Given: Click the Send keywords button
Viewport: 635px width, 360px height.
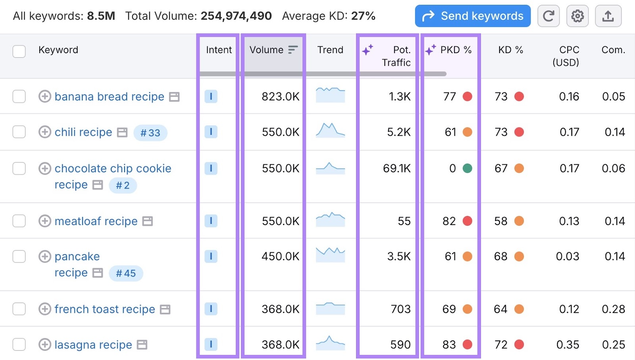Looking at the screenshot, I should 472,16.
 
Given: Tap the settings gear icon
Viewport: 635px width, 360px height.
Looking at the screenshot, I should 577,16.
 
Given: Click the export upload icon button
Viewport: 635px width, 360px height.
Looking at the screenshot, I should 608,16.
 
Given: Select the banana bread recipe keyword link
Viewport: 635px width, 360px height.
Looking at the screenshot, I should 109,97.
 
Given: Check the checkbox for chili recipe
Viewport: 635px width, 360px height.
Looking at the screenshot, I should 19,132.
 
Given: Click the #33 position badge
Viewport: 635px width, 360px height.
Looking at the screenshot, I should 150,133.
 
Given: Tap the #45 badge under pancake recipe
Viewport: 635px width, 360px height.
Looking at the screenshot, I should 125,273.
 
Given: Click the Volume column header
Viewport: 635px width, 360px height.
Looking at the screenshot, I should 266,50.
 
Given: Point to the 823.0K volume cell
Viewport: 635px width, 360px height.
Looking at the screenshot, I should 280,97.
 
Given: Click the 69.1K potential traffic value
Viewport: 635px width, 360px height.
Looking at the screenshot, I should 396,169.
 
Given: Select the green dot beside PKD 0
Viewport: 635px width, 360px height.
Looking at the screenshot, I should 468,169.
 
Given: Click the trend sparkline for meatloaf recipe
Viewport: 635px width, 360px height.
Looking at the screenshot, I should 330,219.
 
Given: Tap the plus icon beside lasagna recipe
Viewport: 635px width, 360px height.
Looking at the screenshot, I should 45,345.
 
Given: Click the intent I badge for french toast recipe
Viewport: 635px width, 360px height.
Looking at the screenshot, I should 211,309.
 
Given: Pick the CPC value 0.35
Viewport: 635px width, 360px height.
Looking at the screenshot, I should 568,345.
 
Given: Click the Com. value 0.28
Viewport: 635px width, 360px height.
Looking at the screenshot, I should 613,309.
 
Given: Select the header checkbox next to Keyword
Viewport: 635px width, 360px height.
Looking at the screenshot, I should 19,51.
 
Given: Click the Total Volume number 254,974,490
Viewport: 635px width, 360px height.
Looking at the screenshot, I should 236,16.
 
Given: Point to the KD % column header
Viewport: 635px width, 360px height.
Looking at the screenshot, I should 510,50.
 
